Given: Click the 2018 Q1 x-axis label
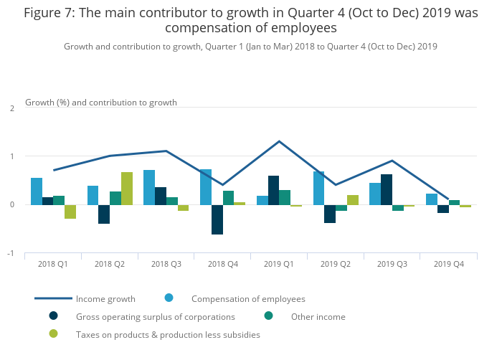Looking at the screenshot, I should [53, 264].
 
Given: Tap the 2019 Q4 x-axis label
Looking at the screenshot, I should [449, 264].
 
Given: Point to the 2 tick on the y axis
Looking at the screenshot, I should [12, 108].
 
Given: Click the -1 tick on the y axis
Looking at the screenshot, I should [11, 253].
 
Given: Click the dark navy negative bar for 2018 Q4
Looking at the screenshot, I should [217, 219].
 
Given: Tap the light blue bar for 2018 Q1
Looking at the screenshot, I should [37, 191].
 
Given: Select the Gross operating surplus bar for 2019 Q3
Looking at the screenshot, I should [387, 189].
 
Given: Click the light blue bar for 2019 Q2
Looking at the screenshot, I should [318, 188].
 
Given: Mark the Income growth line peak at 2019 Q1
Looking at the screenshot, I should [279, 141].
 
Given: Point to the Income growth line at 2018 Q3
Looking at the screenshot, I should [166, 151].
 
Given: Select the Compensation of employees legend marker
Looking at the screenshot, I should [169, 298].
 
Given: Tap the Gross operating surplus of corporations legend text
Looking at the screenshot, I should [155, 316].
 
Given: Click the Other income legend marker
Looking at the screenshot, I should [269, 316].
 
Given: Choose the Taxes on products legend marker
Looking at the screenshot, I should [53, 334].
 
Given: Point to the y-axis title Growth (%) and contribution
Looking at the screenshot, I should [100, 103].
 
